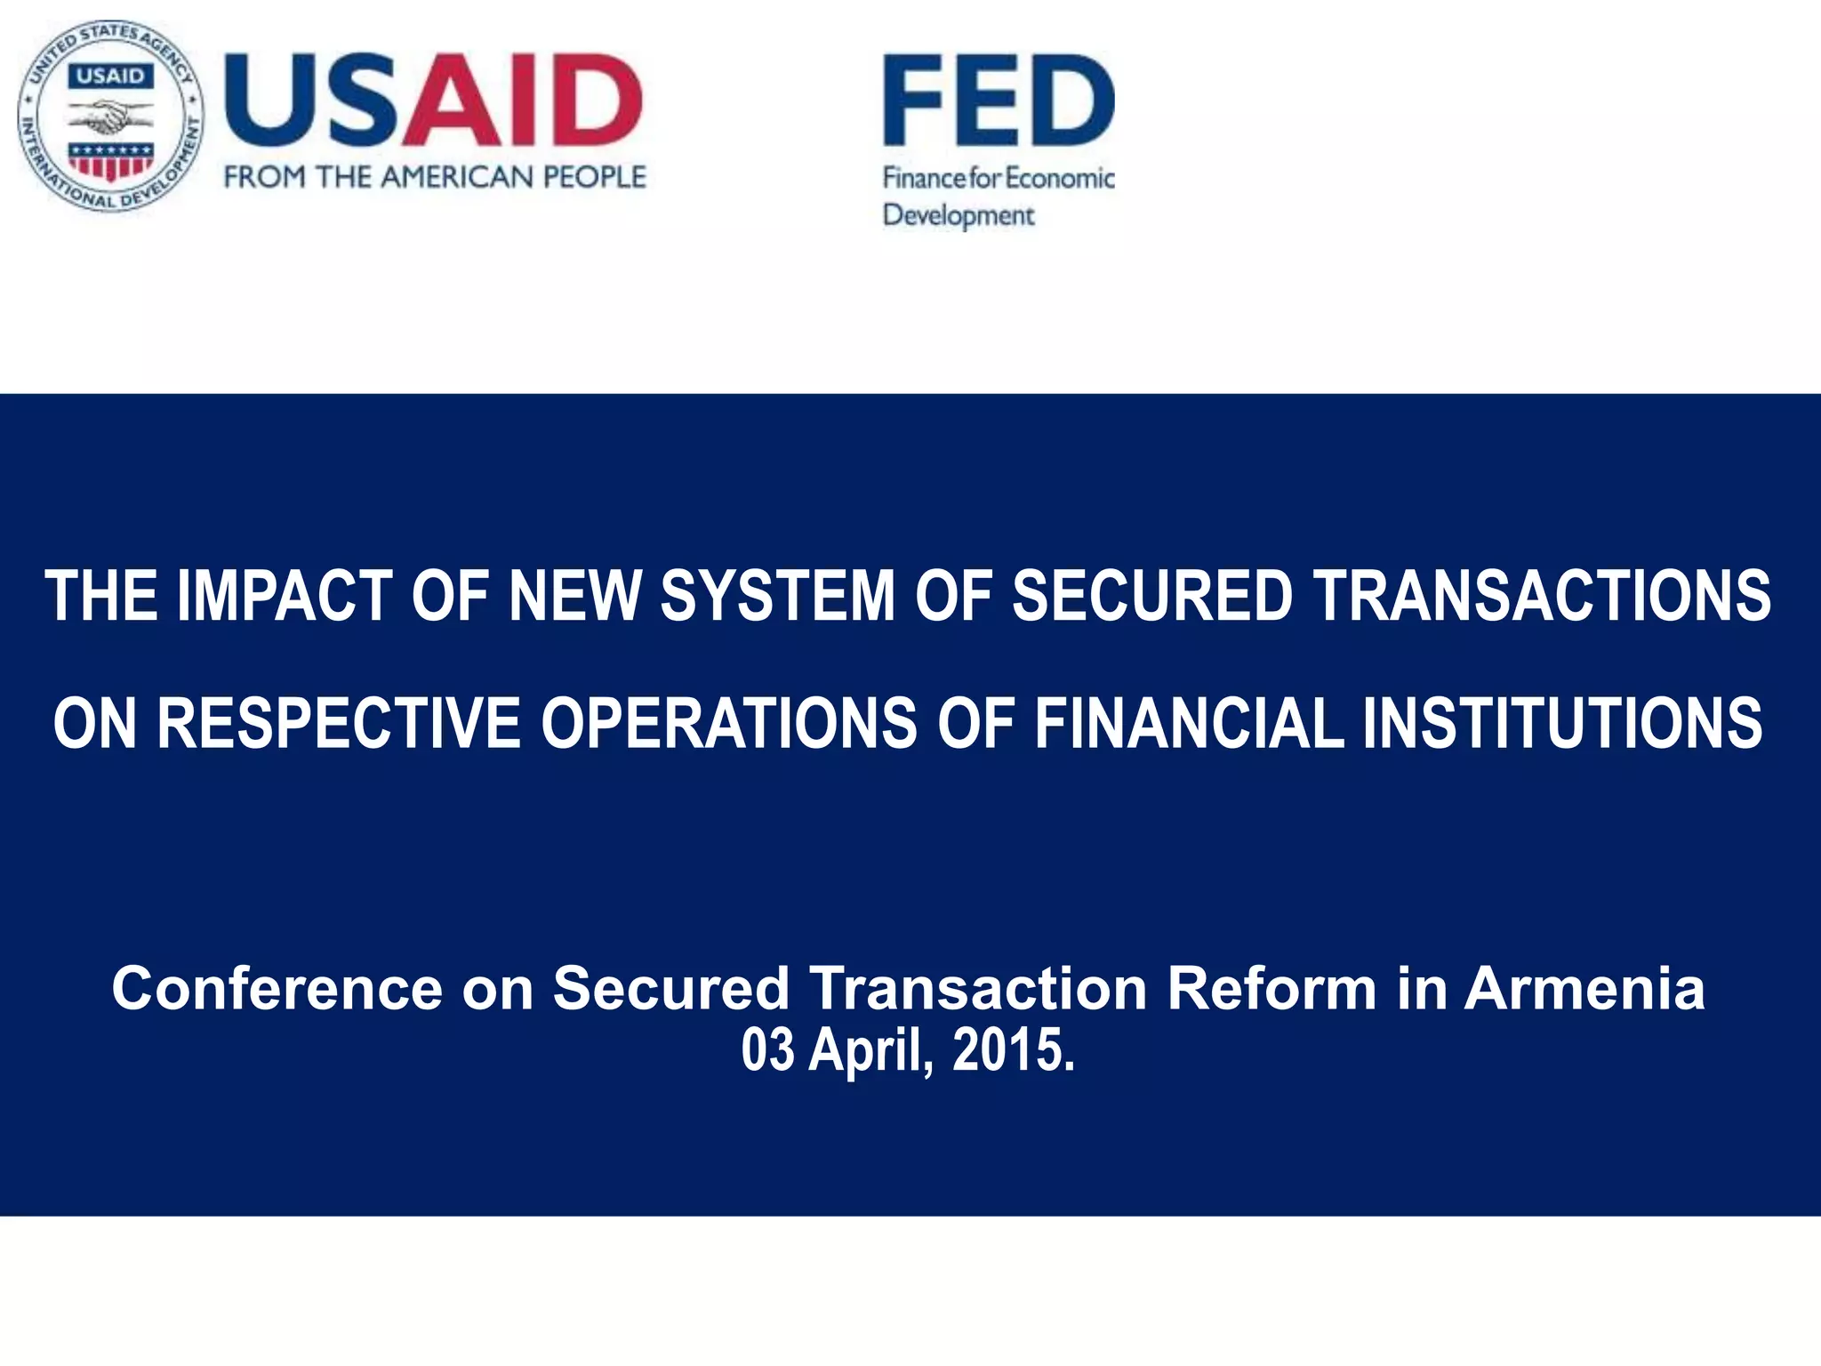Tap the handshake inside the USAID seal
pos(111,117)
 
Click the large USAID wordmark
pos(433,100)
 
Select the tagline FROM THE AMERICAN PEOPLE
pos(435,177)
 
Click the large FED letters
pos(999,100)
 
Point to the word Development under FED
pos(959,215)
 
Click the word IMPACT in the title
pos(285,596)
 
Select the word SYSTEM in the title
pos(777,596)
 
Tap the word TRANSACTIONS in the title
pos(1543,596)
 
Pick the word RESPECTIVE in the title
pos(339,723)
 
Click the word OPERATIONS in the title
pos(729,723)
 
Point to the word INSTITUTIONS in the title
pos(1562,723)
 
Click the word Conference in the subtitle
pos(277,989)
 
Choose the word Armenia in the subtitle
pos(1584,989)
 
